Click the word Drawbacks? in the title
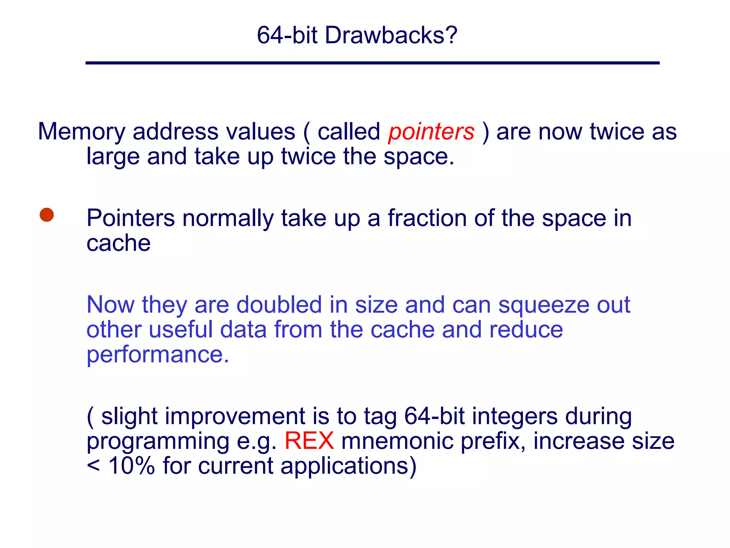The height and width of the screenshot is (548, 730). point(391,35)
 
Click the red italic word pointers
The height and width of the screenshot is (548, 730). point(431,132)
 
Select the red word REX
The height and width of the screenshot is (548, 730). point(309,441)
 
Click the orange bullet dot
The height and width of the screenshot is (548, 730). point(47,215)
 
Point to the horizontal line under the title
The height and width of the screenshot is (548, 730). point(372,63)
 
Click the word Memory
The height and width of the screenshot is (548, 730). point(82,132)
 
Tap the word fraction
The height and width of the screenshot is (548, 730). point(427,218)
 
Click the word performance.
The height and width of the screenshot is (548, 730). point(158,355)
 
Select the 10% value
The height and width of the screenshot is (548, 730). point(132,466)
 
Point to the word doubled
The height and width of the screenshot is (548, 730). point(279,305)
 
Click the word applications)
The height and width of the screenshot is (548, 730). point(348,466)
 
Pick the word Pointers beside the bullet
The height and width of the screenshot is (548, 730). point(130,218)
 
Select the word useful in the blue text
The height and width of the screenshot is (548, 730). point(181,330)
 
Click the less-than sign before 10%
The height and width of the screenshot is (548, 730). point(93,466)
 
